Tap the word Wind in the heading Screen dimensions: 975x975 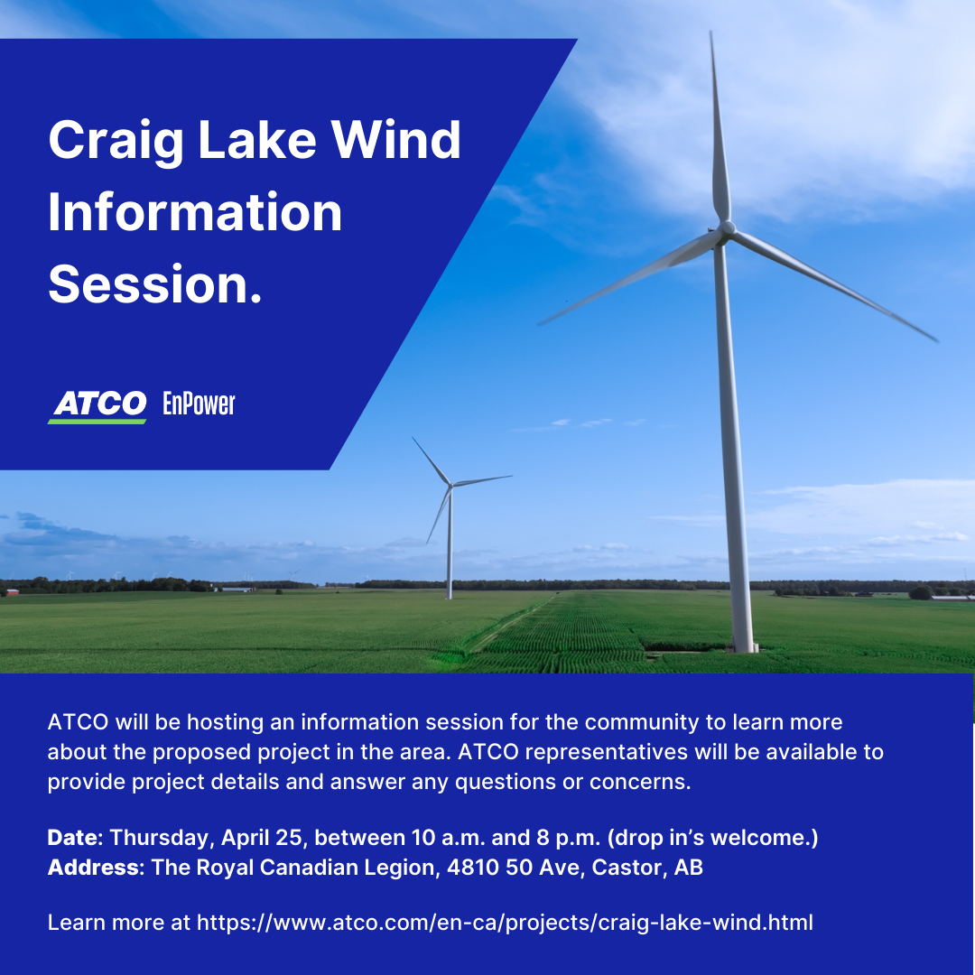(395, 139)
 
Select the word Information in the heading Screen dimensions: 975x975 (195, 212)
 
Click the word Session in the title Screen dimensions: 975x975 (148, 284)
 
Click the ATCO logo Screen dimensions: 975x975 (97, 406)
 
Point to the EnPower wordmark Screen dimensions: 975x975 (199, 404)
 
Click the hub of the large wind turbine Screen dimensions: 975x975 (726, 228)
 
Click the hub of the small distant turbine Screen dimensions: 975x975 (450, 485)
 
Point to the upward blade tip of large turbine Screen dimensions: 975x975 (711, 33)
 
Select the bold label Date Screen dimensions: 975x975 (72, 837)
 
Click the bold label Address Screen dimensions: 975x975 (93, 867)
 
